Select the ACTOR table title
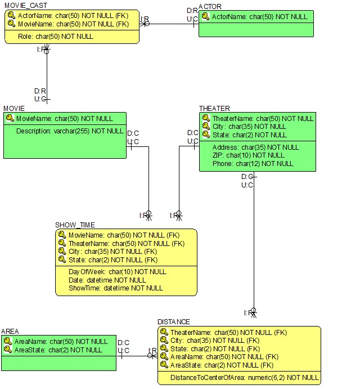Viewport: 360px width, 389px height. click(x=210, y=6)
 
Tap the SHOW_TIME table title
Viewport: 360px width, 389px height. click(x=75, y=225)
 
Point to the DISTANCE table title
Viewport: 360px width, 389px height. click(x=174, y=322)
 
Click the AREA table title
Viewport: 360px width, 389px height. click(x=10, y=332)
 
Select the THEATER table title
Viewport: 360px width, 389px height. click(x=214, y=109)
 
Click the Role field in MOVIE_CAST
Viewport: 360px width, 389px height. click(x=55, y=37)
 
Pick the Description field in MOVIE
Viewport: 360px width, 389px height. click(x=69, y=131)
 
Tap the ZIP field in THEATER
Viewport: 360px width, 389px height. click(x=248, y=155)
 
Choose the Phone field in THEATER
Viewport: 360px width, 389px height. click(x=253, y=164)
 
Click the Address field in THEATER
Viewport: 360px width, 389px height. click(x=255, y=147)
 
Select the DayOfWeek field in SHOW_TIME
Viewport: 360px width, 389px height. click(x=118, y=272)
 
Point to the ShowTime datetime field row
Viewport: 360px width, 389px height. click(x=115, y=288)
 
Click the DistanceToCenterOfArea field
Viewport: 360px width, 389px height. click(x=244, y=378)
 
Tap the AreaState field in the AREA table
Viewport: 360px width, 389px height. click(x=58, y=350)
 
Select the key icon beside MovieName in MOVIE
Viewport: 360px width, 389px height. click(x=10, y=119)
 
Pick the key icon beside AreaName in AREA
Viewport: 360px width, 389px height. click(x=8, y=342)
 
